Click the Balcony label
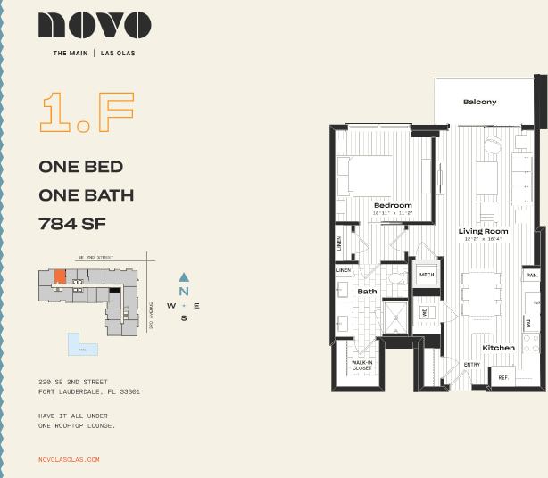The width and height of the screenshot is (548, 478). (479, 102)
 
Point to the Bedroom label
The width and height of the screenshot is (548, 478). (393, 205)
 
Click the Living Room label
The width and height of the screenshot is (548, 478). (483, 232)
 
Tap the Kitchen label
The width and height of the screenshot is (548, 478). (498, 347)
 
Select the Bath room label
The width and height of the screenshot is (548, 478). (367, 291)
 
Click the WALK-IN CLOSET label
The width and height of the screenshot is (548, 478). (361, 366)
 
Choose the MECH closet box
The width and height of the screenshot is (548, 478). (427, 276)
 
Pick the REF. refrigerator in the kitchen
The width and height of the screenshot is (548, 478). (502, 378)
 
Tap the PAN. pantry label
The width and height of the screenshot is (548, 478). (531, 276)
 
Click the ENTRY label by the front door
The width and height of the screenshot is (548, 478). (471, 364)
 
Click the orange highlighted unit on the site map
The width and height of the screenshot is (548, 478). (60, 276)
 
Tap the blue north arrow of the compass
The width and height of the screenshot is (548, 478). (184, 277)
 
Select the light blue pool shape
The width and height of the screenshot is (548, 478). (82, 345)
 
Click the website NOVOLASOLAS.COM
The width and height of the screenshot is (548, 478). (69, 459)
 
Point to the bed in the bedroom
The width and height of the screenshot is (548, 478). (363, 176)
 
